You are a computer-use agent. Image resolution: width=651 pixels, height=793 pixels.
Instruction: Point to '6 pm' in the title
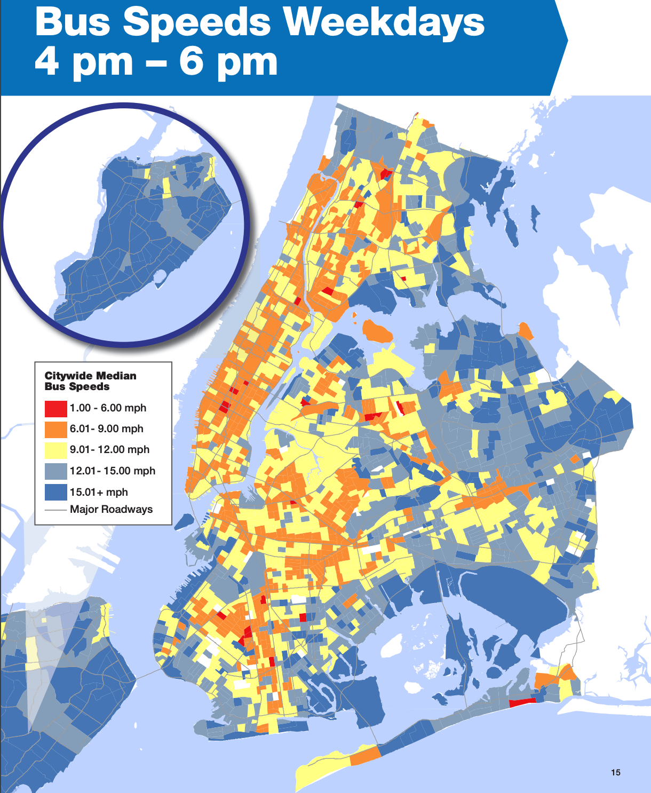pos(228,62)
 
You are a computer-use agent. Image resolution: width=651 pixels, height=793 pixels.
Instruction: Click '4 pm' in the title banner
pos(84,62)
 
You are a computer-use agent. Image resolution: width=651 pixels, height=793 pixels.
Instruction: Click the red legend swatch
pos(55,408)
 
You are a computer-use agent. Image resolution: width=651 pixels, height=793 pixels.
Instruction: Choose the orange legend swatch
pos(55,429)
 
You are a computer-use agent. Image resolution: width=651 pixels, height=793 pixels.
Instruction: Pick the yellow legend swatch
pos(55,450)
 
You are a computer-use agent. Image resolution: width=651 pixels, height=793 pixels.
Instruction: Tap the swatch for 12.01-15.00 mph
pos(55,471)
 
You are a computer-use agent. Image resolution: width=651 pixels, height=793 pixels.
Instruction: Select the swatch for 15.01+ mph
pos(55,492)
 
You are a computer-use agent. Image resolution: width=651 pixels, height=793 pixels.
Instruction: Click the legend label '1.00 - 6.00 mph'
pos(108,408)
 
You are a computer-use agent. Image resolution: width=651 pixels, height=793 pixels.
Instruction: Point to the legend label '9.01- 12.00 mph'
pos(109,450)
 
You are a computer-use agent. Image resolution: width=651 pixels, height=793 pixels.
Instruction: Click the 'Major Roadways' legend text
pos(111,510)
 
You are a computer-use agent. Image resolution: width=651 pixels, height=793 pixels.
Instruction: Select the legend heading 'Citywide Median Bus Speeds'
pos(90,381)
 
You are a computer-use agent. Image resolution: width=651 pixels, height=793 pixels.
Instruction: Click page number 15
pos(615,772)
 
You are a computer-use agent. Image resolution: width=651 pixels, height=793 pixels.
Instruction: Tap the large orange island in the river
pos(377,332)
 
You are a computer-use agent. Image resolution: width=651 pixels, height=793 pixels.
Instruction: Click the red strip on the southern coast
pos(522,702)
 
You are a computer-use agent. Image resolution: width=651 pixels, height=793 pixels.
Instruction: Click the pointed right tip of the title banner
pos(567,41)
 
